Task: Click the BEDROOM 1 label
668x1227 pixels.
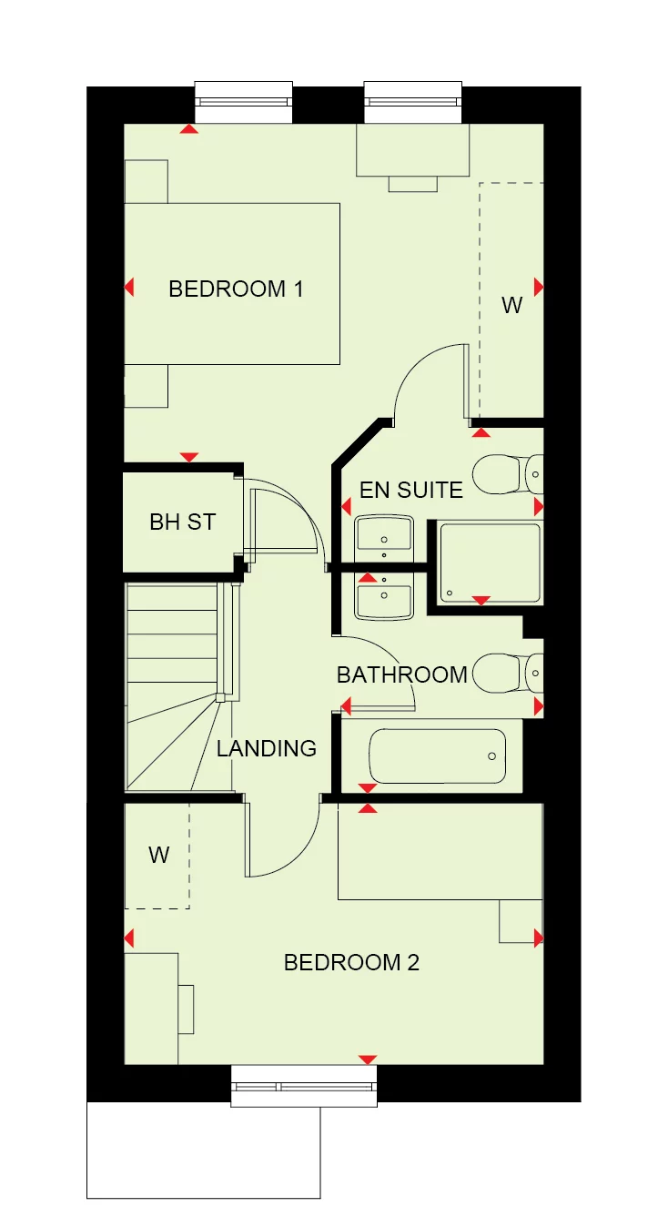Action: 236,289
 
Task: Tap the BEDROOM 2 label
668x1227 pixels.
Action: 351,962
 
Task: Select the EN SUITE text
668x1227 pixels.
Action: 410,490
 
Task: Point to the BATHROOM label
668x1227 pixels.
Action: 401,674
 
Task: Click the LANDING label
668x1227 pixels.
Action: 266,748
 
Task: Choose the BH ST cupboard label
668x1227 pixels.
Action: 182,522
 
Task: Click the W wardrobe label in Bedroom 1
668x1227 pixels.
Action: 512,306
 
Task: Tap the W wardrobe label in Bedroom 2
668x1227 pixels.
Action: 159,855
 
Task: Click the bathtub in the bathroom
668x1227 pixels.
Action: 437,755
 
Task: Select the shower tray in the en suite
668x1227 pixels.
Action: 490,562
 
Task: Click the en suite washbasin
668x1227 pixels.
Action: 383,534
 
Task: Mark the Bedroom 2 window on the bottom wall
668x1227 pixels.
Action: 303,1087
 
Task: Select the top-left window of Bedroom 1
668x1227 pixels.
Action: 243,102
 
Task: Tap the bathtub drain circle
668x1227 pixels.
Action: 492,755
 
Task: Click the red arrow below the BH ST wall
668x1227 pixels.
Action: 189,457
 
